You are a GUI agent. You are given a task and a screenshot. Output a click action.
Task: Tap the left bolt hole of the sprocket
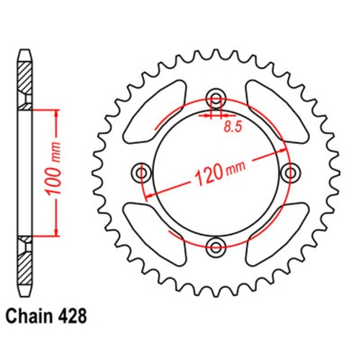tap(141, 173)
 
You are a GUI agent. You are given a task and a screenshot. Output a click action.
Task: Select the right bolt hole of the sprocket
tap(291, 173)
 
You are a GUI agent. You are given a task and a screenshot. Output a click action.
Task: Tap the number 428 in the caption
tap(71, 336)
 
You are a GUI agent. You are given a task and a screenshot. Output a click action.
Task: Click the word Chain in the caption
tap(30, 336)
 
